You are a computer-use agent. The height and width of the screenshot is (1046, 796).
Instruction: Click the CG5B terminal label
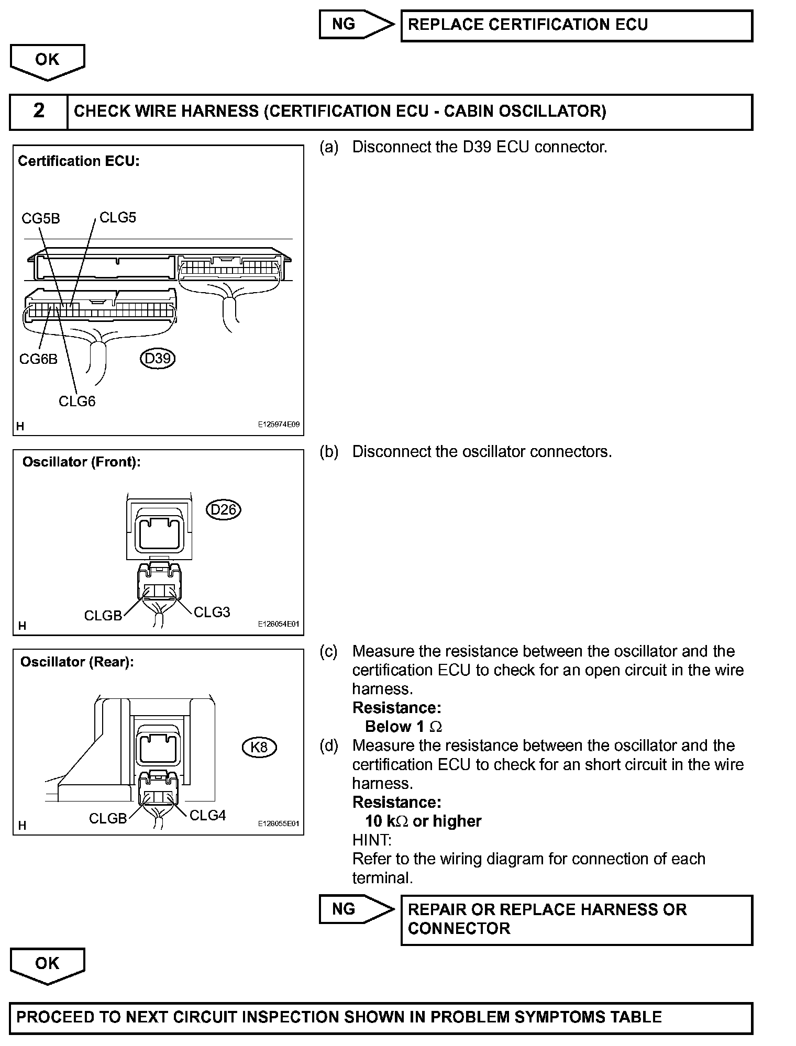(x=41, y=218)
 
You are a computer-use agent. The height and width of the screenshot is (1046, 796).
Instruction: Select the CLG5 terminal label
(x=118, y=217)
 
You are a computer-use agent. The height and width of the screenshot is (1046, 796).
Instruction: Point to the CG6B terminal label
(x=38, y=359)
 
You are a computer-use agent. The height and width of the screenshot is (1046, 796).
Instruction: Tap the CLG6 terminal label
(x=77, y=401)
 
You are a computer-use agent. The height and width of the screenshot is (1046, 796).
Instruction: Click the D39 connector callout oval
(x=158, y=359)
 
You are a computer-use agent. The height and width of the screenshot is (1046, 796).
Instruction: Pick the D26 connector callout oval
(x=224, y=509)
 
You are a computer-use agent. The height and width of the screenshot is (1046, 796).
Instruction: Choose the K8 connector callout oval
(x=259, y=747)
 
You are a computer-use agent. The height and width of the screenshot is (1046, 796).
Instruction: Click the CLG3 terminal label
(x=212, y=612)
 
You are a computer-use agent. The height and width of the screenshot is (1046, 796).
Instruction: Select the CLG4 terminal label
(x=207, y=815)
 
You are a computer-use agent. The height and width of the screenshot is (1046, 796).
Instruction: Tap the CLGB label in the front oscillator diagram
(x=103, y=616)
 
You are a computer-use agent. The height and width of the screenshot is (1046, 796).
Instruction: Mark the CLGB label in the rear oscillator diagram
(x=108, y=818)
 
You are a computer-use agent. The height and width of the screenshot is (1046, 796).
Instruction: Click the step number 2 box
(x=39, y=111)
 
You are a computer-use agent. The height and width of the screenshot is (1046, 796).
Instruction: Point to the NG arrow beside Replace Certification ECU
(x=356, y=24)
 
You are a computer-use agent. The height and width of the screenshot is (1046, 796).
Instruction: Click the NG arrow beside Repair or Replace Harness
(x=356, y=909)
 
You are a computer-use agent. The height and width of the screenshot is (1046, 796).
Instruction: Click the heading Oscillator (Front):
(x=81, y=462)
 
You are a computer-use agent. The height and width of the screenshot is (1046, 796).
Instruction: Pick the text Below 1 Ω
(x=403, y=727)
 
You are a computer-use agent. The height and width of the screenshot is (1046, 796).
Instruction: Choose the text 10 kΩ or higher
(x=423, y=821)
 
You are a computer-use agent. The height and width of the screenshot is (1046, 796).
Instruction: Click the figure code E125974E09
(x=278, y=425)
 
